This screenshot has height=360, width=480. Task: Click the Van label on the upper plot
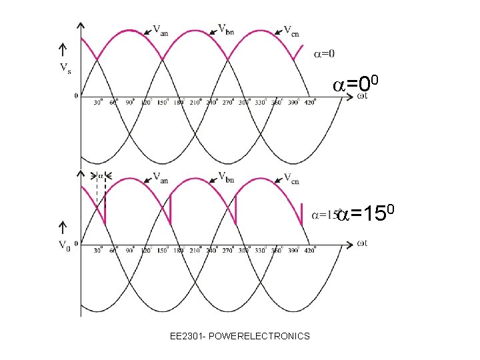click(160, 29)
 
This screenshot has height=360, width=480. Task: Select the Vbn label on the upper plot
click(226, 29)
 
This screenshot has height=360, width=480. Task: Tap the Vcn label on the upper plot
click(291, 30)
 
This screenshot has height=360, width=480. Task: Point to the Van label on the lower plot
click(160, 177)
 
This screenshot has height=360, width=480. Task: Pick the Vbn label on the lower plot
click(226, 177)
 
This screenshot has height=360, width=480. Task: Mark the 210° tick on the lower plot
click(195, 251)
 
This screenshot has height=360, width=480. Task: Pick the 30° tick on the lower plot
click(98, 251)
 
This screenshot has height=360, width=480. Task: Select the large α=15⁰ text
click(367, 214)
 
